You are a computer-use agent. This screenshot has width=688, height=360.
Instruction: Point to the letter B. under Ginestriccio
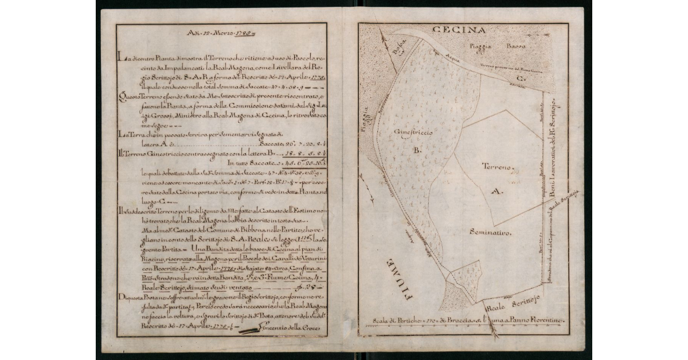tap(417, 150)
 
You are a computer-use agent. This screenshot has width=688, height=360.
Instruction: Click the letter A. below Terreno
tap(497, 193)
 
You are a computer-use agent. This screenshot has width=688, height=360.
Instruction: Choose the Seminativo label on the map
tap(490, 232)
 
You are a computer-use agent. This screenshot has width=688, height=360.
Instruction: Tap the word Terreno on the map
tap(497, 166)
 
